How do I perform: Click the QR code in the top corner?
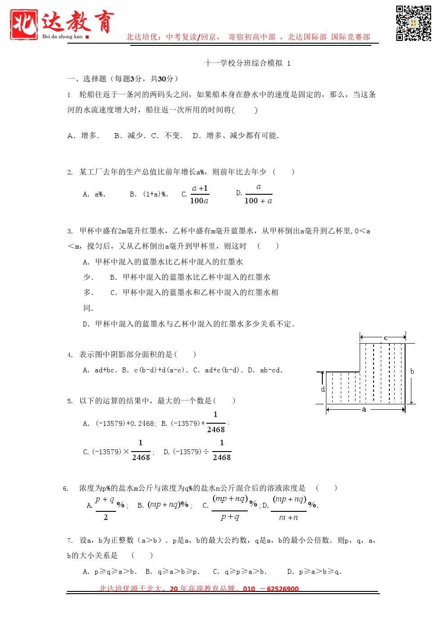click(x=413, y=23)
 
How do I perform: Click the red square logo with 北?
click(x=24, y=25)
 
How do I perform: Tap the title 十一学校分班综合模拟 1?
click(x=247, y=63)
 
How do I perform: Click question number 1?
click(x=70, y=95)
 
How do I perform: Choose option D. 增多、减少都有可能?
click(x=236, y=135)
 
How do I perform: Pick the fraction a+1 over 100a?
click(x=199, y=194)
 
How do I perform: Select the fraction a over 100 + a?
click(x=258, y=194)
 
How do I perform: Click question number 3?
click(x=70, y=231)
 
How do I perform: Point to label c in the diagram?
click(x=385, y=338)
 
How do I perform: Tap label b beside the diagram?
click(x=412, y=371)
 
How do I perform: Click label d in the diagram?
click(x=322, y=389)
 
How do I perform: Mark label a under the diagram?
click(x=364, y=409)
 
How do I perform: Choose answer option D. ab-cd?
click(x=265, y=370)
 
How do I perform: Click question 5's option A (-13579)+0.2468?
click(x=120, y=424)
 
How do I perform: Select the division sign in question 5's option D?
click(x=206, y=452)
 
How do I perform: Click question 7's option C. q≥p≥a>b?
click(x=240, y=572)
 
